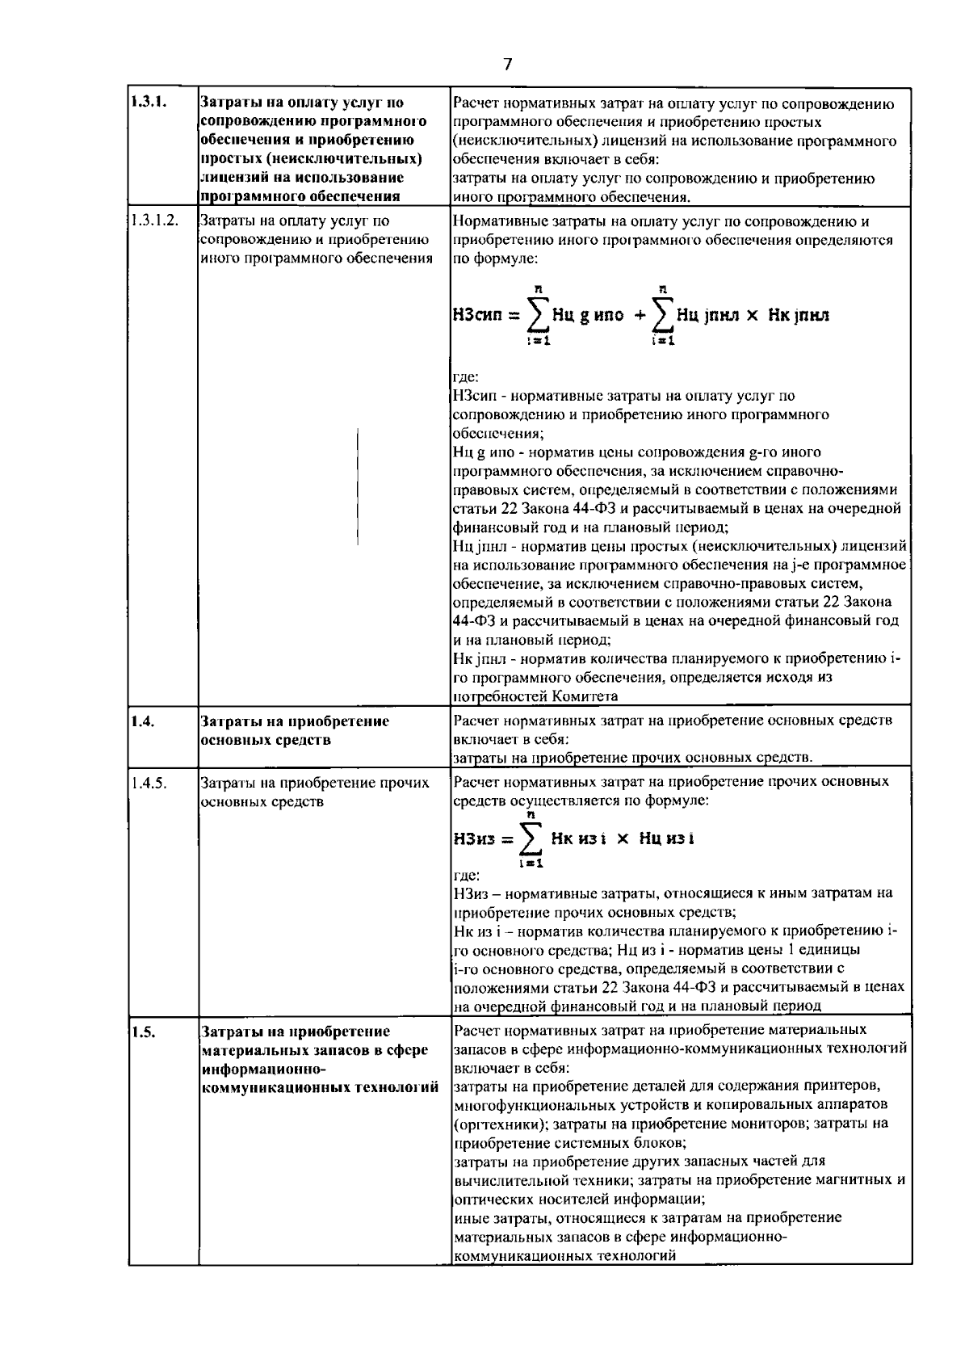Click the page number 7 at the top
coord(507,65)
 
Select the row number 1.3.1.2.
coord(153,221)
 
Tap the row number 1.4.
coord(142,721)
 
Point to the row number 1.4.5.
coord(148,782)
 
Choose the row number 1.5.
coord(142,1032)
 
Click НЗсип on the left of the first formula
coord(477,315)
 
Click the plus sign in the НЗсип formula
coord(639,315)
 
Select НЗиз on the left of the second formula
coord(474,838)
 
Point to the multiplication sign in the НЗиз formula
coord(622,838)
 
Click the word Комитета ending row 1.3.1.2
coord(585,696)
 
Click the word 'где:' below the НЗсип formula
coord(466,376)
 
